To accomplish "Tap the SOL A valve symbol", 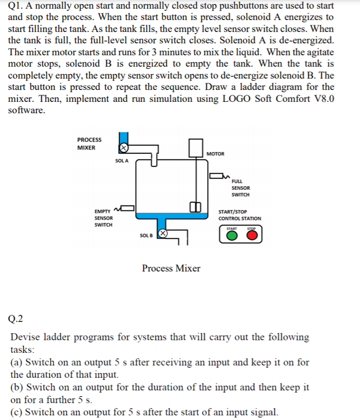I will [124, 147].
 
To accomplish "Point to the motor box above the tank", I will [196, 148].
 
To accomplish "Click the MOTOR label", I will [215, 154].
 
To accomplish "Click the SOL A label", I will [121, 161].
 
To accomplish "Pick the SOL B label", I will [145, 235].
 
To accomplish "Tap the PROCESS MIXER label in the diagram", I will [89, 144].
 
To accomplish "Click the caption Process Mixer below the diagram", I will [171, 268].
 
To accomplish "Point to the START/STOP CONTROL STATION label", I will [239, 215].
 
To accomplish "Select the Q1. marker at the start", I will [18, 5].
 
